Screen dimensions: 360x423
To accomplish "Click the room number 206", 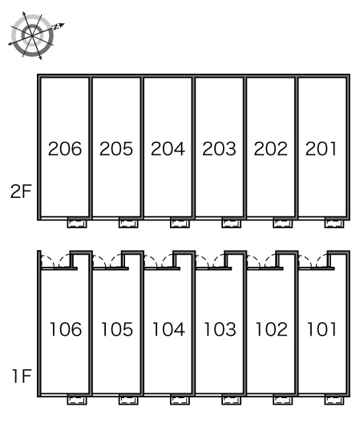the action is pyautogui.click(x=65, y=149).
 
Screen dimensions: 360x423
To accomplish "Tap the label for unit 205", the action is pyautogui.click(x=116, y=149).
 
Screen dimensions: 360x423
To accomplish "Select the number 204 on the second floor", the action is pyautogui.click(x=168, y=149).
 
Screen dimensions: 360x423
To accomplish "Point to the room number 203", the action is pyautogui.click(x=219, y=149).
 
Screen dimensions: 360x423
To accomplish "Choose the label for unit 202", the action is pyautogui.click(x=271, y=149).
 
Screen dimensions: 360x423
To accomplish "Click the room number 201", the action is pyautogui.click(x=321, y=149).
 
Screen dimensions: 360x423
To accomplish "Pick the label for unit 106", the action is pyautogui.click(x=66, y=329).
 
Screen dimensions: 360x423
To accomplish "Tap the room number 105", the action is pyautogui.click(x=117, y=329).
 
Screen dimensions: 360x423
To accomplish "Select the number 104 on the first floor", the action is pyautogui.click(x=168, y=329).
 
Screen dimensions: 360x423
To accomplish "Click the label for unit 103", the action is pyautogui.click(x=220, y=329).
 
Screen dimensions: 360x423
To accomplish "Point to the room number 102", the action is pyautogui.click(x=272, y=329).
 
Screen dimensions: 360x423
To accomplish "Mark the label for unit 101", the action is pyautogui.click(x=322, y=329).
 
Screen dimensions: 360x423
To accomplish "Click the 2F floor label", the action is pyautogui.click(x=21, y=191).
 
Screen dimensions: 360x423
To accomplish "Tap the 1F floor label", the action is pyautogui.click(x=22, y=376).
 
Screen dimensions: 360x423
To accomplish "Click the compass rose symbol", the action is pyautogui.click(x=32, y=35).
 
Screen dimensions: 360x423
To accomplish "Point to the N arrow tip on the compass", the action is pyautogui.click(x=64, y=24).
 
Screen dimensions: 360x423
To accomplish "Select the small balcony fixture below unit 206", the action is pyautogui.click(x=77, y=223).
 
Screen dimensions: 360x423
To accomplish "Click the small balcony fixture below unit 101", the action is pyautogui.click(x=334, y=400).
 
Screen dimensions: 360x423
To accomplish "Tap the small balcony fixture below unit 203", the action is pyautogui.click(x=232, y=223).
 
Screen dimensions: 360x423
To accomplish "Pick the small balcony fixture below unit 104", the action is pyautogui.click(x=180, y=400).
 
